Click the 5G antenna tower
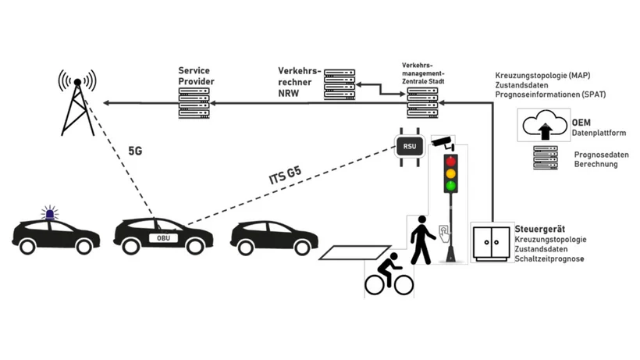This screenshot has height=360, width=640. pyautogui.click(x=77, y=105)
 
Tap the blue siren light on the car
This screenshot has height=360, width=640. pyautogui.click(x=52, y=212)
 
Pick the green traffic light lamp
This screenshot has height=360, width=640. pyautogui.click(x=450, y=187)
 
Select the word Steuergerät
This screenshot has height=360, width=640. pyautogui.click(x=538, y=228)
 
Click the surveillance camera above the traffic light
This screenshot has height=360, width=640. pyautogui.click(x=444, y=142)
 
